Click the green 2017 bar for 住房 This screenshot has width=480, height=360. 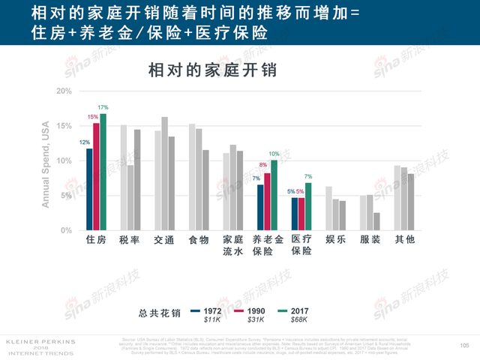point(103,172)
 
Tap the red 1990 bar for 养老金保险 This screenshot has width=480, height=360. point(267,202)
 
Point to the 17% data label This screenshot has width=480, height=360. point(103,108)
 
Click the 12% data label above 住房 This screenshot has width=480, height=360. point(85,142)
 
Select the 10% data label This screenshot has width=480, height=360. point(274,154)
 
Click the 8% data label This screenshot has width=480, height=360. point(263,165)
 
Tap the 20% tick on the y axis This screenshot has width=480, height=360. point(64,91)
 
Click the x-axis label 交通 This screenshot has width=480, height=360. point(164,241)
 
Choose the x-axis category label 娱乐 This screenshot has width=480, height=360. point(335,241)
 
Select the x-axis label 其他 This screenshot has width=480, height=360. point(404,241)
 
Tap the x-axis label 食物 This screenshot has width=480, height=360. point(199,241)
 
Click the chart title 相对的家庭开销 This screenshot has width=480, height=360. point(213,70)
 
